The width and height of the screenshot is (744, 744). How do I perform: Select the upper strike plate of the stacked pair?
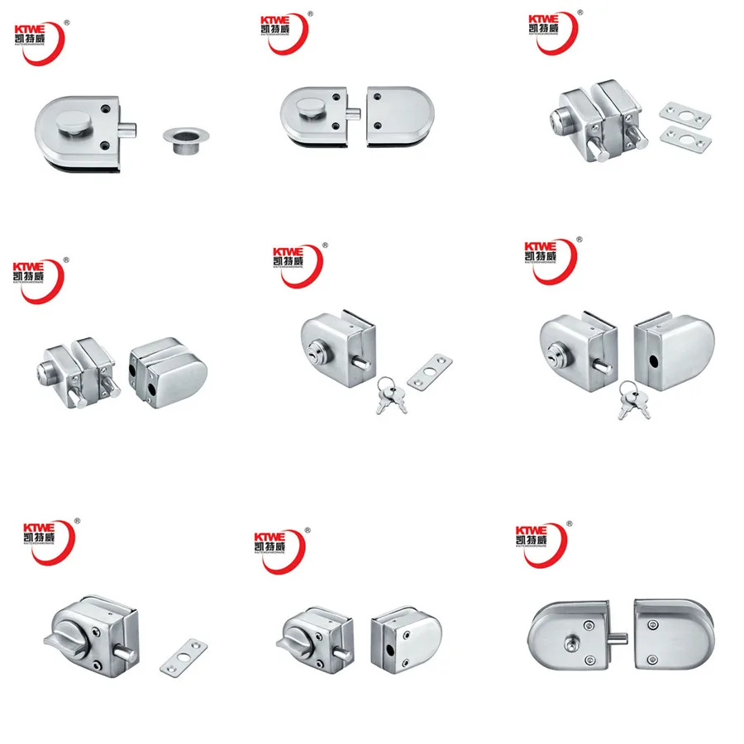click(x=681, y=112)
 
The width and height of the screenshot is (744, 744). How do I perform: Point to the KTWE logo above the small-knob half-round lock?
click(x=537, y=541)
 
